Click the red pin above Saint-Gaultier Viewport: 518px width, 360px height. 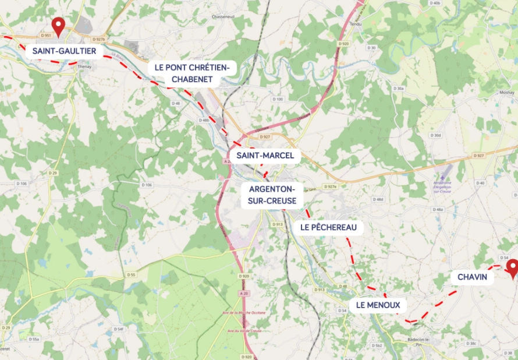(x=58, y=25)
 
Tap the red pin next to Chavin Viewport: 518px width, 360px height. (x=512, y=267)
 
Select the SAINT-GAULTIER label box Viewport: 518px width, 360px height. (x=65, y=51)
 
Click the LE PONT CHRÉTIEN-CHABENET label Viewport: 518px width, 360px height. (x=192, y=73)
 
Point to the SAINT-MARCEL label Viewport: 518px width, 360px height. (x=265, y=156)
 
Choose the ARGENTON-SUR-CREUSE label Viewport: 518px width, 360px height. (x=272, y=195)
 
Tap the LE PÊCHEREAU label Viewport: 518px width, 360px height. (x=328, y=227)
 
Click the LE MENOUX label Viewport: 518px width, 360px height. (x=378, y=305)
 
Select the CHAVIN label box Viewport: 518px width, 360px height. (x=472, y=277)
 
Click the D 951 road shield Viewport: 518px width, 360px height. (x=47, y=36)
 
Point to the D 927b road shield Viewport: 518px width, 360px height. (x=98, y=39)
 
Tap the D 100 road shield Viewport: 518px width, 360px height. (x=278, y=100)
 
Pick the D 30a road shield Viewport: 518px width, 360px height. (x=399, y=88)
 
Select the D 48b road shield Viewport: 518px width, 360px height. (x=204, y=120)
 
